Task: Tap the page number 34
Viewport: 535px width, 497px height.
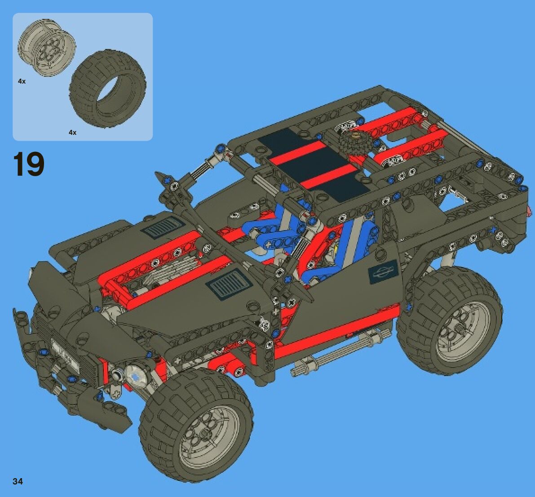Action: (18, 481)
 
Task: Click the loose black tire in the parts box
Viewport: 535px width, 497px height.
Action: (107, 89)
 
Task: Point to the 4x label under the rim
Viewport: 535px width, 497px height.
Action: (22, 81)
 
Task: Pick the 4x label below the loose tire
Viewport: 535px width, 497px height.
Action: (73, 133)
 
